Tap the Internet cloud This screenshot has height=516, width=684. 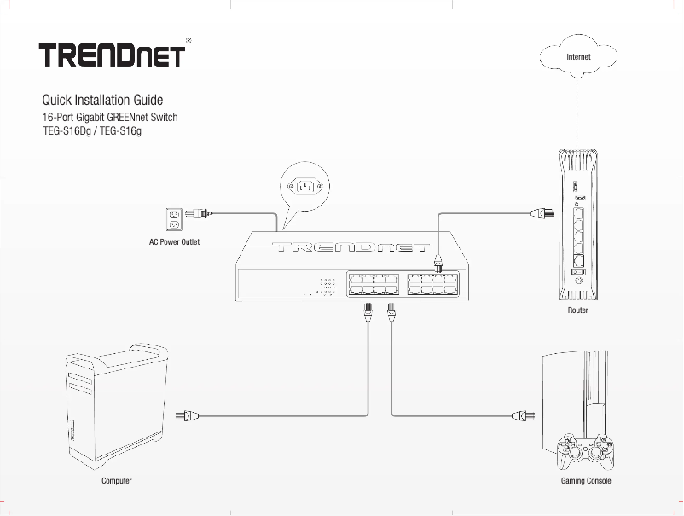point(578,56)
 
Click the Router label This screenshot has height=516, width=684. point(578,311)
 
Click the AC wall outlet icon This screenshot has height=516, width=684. point(174,219)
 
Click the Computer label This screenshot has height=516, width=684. point(117,481)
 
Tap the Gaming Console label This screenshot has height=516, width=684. point(586,481)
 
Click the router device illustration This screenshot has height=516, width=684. point(579,225)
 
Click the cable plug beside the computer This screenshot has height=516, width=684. point(186,416)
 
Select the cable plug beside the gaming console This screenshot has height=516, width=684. point(520,416)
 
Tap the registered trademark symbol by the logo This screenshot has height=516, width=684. point(188,39)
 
